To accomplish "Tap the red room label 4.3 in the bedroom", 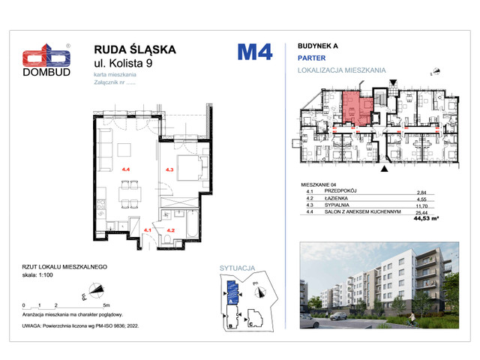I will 169,170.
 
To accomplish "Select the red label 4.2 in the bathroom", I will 171,230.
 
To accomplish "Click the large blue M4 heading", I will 255,52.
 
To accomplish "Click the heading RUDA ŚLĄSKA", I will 135,49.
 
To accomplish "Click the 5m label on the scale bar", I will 107,306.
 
